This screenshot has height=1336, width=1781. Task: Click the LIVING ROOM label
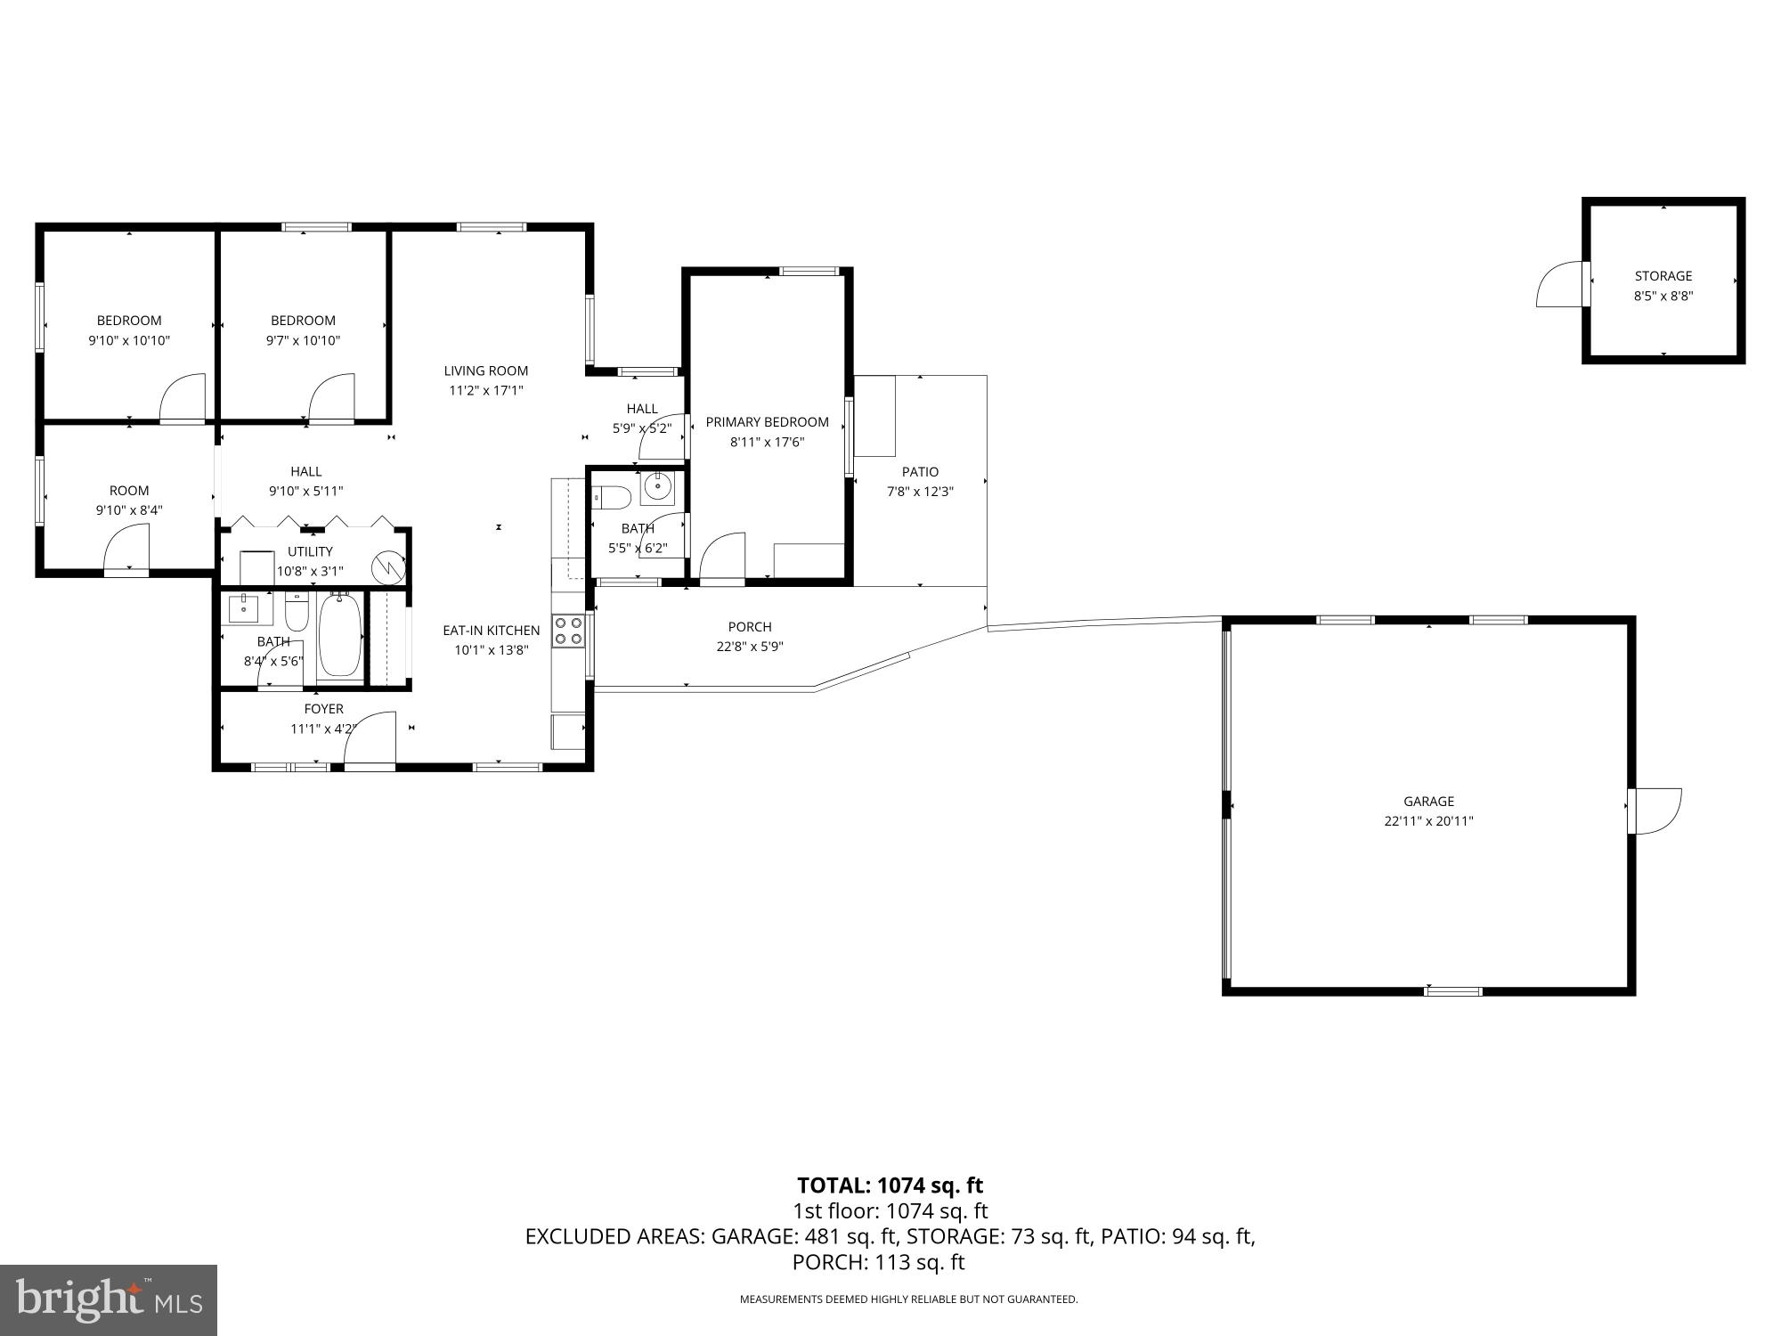pos(485,371)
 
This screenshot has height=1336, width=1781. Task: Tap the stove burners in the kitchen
pos(569,631)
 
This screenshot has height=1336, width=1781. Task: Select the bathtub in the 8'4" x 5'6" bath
pos(339,635)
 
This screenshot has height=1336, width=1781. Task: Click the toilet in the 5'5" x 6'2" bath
pos(611,496)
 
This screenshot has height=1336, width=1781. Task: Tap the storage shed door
pos(1560,285)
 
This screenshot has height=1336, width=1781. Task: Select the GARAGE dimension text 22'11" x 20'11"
pos(1428,821)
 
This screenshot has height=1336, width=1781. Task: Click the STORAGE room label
pos(1663,276)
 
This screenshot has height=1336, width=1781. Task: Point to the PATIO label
pos(920,472)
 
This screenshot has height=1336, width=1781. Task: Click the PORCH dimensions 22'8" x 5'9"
pos(749,647)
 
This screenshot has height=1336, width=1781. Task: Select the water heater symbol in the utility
pos(389,567)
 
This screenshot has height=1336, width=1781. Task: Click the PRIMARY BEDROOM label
pos(767,422)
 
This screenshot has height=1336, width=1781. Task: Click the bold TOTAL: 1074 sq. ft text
pos(890,1185)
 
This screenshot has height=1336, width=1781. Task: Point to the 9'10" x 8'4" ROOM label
pos(129,491)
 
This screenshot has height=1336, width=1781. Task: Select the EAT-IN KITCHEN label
pos(491,631)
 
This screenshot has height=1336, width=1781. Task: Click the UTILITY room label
pos(310,552)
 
